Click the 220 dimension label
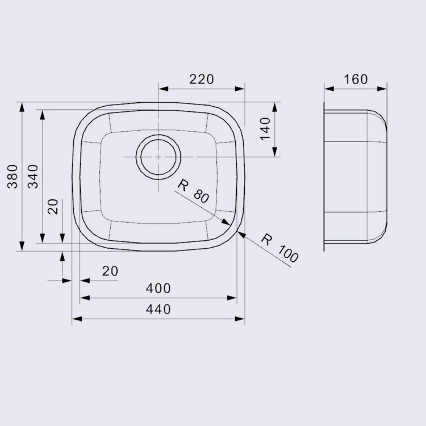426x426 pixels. [x=201, y=79]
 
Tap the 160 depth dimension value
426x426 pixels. [x=356, y=79]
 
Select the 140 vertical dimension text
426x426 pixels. [x=265, y=129]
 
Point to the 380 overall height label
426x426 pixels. [x=12, y=176]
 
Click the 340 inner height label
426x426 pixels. [x=34, y=176]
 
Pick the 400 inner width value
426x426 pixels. [x=158, y=288]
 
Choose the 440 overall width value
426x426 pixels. [x=158, y=309]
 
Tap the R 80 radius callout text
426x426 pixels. [x=194, y=191]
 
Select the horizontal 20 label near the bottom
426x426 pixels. [x=110, y=271]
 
